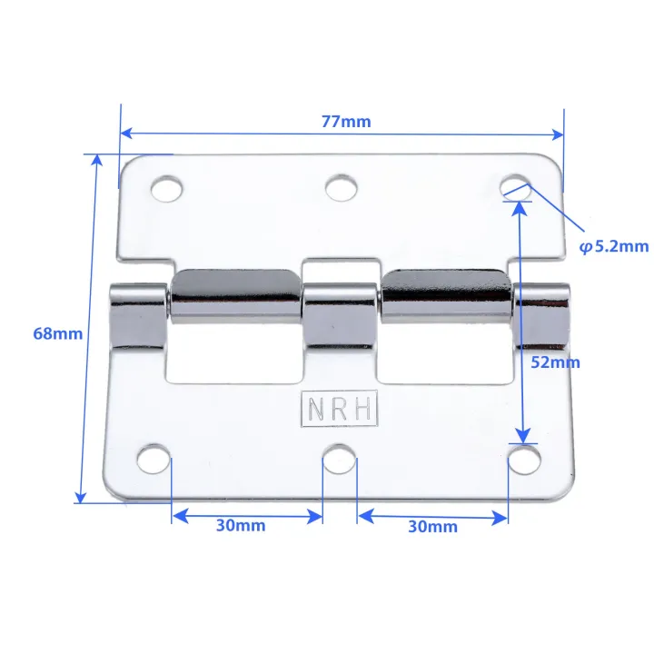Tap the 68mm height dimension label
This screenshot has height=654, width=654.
click(x=57, y=333)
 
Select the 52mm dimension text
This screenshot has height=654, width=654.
click(x=554, y=362)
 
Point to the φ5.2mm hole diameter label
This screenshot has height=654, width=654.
click(x=614, y=245)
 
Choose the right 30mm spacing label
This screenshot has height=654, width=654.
click(x=431, y=526)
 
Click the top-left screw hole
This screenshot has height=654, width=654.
click(x=166, y=189)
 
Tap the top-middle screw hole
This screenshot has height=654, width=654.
click(x=340, y=188)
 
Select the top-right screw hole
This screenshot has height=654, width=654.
click(x=516, y=186)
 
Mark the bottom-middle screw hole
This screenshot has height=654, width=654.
click(x=340, y=459)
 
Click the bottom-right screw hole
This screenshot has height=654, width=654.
click(x=522, y=460)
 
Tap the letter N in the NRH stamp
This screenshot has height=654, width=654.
click(x=315, y=410)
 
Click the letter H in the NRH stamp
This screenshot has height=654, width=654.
click(x=362, y=410)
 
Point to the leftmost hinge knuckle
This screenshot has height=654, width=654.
click(x=138, y=316)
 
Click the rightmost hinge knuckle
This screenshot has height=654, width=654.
click(x=541, y=315)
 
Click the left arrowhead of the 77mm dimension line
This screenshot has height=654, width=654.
click(x=127, y=133)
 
